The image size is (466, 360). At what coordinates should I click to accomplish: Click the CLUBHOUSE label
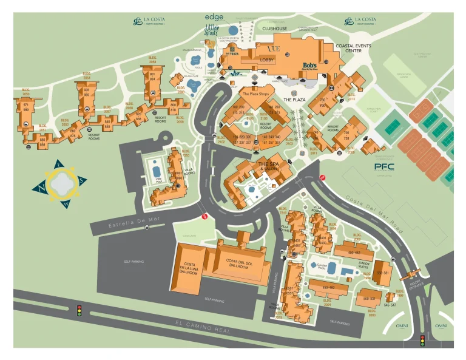(x=275, y=28)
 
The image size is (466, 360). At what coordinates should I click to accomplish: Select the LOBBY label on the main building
(x=268, y=60)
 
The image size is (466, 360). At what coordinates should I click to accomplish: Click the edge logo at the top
(x=214, y=16)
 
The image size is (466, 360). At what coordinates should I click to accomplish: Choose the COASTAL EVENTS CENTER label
(x=354, y=47)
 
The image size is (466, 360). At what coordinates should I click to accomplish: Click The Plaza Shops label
(x=255, y=94)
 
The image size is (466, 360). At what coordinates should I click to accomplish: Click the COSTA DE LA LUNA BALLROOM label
(x=189, y=268)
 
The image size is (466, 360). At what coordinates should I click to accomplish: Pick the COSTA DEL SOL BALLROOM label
(x=238, y=263)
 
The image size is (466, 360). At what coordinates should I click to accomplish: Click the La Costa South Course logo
(x=362, y=22)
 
